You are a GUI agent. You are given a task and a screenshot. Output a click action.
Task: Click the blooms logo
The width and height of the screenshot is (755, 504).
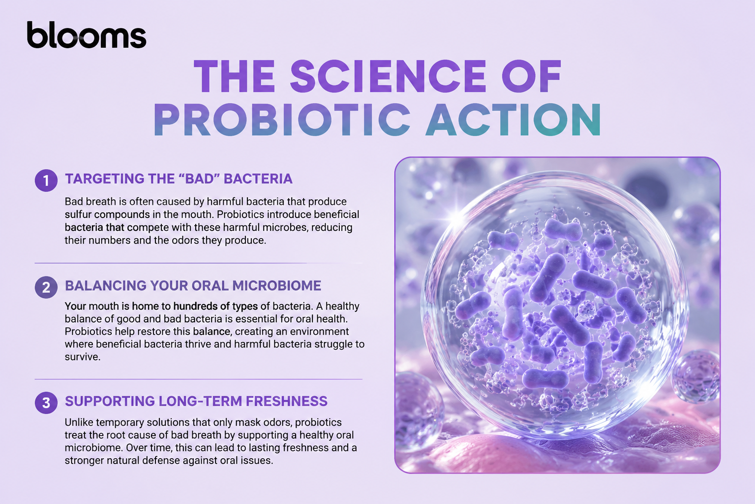click(86, 35)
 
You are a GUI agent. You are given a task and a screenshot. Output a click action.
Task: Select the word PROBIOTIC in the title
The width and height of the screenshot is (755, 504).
click(282, 120)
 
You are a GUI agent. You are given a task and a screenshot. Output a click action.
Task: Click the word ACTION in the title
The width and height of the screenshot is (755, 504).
click(513, 120)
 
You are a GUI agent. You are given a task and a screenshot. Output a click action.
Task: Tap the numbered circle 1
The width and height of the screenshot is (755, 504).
click(46, 181)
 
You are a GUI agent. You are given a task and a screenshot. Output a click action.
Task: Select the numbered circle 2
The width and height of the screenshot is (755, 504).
click(46, 287)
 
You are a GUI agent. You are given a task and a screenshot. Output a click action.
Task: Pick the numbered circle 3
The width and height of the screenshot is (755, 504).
click(46, 403)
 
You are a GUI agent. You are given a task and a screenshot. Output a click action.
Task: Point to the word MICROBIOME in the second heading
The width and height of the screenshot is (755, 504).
click(276, 286)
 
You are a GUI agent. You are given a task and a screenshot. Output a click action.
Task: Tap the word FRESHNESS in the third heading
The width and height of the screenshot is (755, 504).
click(286, 401)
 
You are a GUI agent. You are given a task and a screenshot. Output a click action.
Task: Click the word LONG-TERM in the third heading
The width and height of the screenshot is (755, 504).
click(200, 401)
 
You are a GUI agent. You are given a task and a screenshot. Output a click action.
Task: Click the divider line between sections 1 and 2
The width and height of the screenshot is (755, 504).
click(199, 263)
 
